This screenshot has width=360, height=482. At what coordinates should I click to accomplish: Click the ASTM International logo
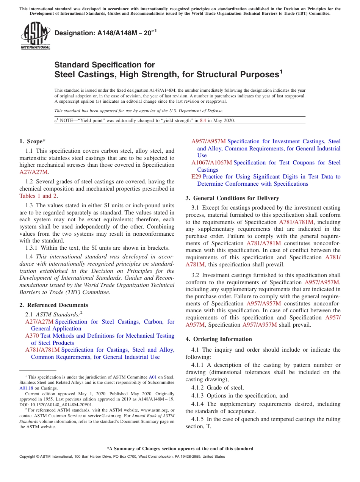(x=35, y=36)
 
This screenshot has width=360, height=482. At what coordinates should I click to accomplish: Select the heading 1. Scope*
(x=32, y=141)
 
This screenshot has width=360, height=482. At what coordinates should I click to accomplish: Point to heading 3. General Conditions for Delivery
(x=232, y=198)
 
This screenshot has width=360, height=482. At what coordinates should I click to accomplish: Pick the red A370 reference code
(x=32, y=336)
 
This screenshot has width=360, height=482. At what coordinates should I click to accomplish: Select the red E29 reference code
(x=196, y=177)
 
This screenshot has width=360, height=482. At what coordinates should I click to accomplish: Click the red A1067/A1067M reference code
(x=211, y=163)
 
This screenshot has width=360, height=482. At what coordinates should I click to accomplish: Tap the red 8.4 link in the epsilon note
(x=203, y=121)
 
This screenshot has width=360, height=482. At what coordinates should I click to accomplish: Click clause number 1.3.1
(x=33, y=248)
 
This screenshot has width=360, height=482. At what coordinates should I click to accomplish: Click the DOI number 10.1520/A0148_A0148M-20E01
(x=61, y=404)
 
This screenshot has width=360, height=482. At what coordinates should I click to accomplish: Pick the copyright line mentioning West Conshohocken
(x=122, y=457)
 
